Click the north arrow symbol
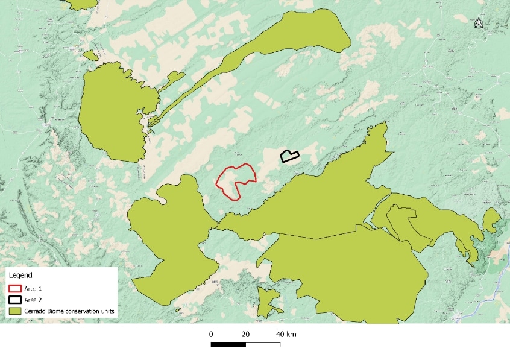point(479,23)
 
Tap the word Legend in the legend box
point(21,276)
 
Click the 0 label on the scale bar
point(211,334)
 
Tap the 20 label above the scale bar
point(245,334)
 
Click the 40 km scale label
point(286,334)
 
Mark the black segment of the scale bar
point(228,345)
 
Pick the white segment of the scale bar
point(263,345)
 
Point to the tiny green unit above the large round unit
point(90,55)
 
